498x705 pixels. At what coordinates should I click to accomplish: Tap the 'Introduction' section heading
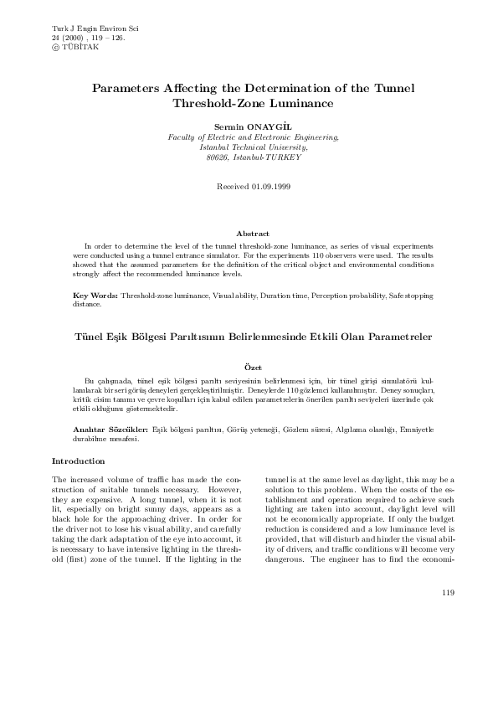(78, 461)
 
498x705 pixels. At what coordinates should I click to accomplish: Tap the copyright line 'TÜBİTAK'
(80, 47)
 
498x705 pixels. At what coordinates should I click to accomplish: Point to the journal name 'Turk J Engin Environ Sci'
(95, 28)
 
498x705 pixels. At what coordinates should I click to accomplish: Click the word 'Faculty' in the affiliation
(183, 135)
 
